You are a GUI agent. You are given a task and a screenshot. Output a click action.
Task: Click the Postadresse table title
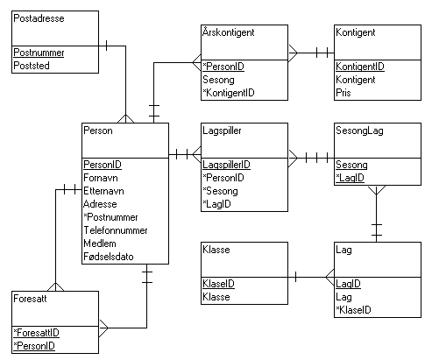(39, 18)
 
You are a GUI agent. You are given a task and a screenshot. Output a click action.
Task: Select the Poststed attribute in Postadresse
(32, 66)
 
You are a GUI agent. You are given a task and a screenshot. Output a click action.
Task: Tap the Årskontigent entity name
(229, 32)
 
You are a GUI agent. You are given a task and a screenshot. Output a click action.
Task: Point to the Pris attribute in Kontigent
(343, 93)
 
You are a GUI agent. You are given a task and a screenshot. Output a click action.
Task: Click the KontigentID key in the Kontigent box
(360, 67)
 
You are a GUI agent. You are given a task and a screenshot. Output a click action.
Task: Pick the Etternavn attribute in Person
(103, 191)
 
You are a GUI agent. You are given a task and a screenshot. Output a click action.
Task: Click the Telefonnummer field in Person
(116, 230)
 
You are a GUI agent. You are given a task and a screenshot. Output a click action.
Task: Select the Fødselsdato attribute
(109, 257)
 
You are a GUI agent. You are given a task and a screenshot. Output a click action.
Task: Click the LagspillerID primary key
(226, 165)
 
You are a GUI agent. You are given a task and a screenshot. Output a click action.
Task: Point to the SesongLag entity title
(359, 131)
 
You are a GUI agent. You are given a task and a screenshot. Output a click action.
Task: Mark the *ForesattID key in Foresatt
(36, 333)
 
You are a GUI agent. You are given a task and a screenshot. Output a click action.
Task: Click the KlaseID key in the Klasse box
(218, 284)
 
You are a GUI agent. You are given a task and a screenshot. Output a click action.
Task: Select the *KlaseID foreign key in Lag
(353, 310)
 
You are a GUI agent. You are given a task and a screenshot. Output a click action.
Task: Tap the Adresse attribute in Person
(100, 204)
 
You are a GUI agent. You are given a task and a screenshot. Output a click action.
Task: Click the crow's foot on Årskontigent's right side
(293, 53)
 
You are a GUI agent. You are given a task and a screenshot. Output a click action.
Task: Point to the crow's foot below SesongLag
(377, 190)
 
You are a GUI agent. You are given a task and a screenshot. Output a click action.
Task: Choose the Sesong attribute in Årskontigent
(218, 80)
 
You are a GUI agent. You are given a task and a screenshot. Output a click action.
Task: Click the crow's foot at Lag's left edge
(329, 278)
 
